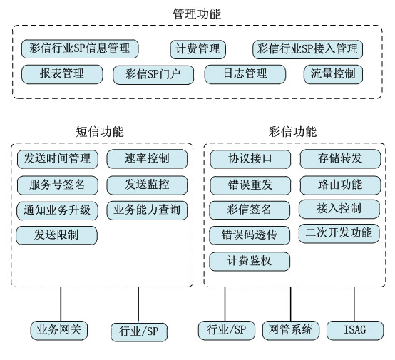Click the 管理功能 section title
click(197, 14)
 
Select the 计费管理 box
click(197, 49)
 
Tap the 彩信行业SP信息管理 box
click(80, 49)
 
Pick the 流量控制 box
click(333, 74)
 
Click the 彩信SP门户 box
click(153, 75)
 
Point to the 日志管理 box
click(245, 74)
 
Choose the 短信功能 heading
click(100, 132)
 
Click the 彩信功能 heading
click(292, 132)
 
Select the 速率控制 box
click(147, 159)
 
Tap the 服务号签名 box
click(58, 185)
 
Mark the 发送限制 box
click(56, 235)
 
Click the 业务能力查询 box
click(147, 210)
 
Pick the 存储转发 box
click(340, 159)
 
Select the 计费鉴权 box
click(250, 262)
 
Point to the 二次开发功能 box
click(339, 234)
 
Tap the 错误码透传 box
click(250, 235)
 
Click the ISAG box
click(355, 330)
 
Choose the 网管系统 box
click(291, 330)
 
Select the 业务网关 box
click(59, 330)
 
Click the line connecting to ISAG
click(354, 304)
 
